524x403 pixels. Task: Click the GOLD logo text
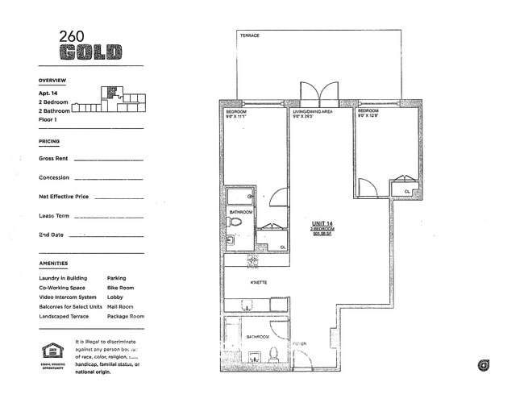(90, 53)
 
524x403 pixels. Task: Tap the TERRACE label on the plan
(248, 36)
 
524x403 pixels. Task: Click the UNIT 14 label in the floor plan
(322, 223)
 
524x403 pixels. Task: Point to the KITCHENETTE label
(259, 282)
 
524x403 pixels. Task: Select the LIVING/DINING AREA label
(312, 111)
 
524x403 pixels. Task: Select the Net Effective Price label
(64, 197)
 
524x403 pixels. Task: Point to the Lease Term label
(54, 216)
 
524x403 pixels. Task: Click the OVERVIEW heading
(52, 81)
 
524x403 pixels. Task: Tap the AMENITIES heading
(53, 264)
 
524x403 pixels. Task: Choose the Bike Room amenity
(120, 288)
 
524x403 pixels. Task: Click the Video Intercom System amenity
(69, 297)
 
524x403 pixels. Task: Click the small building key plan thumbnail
(116, 98)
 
